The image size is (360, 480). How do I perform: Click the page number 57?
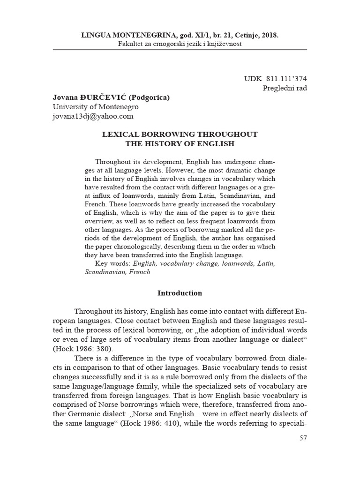[303, 438]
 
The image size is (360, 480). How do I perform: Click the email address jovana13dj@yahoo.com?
[93, 116]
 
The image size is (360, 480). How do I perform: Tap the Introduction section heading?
[180, 293]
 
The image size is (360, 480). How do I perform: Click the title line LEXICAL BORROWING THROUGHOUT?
[180, 134]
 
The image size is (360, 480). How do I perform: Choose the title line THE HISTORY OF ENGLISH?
[180, 143]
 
